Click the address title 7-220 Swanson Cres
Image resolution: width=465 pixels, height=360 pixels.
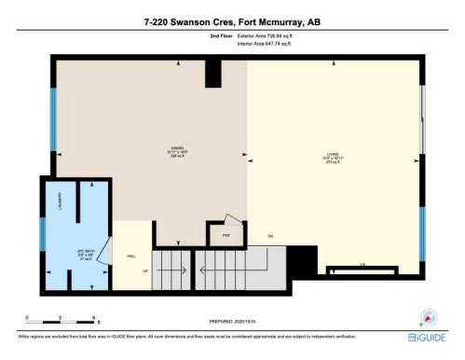pyautogui.click(x=232, y=21)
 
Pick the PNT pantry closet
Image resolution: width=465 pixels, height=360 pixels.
pyautogui.click(x=225, y=236)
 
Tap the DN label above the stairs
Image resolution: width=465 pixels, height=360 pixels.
pyautogui.click(x=271, y=235)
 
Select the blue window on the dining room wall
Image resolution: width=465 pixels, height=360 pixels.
pyautogui.click(x=54, y=118)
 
